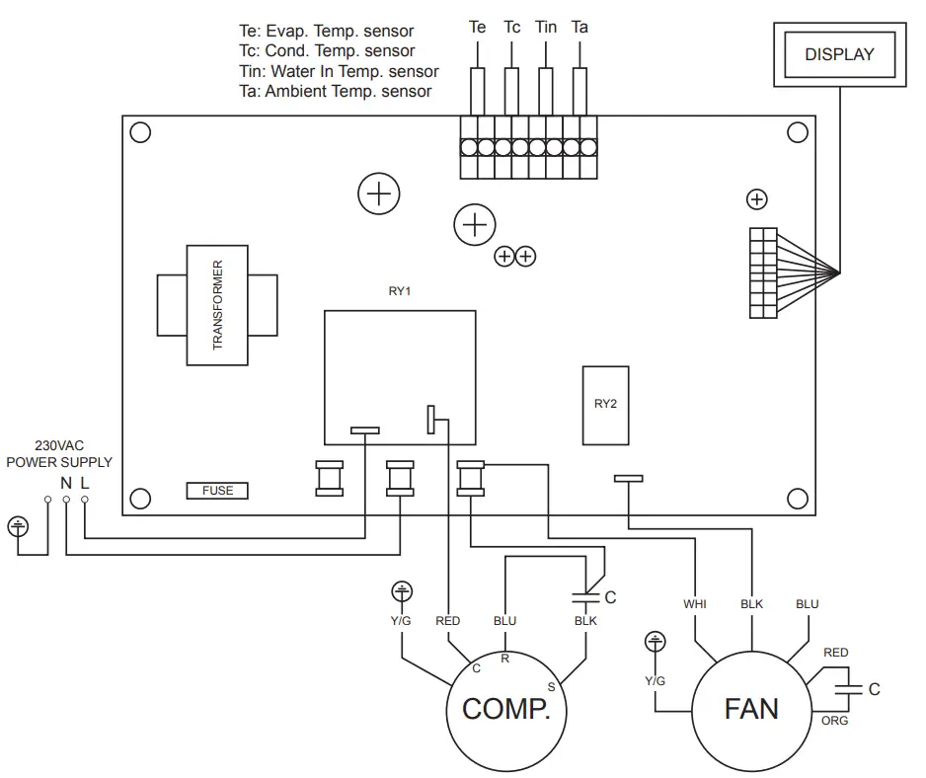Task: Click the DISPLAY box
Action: coord(839,54)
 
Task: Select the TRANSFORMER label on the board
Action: coord(218,305)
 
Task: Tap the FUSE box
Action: coord(217,491)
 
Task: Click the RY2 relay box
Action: coord(605,404)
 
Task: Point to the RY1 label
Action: coord(400,293)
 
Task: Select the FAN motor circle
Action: coord(751,709)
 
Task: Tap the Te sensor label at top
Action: coord(477,28)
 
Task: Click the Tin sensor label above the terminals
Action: coord(546,28)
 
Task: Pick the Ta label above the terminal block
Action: coord(579,28)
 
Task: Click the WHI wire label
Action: coord(695,603)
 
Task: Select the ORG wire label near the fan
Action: coord(835,721)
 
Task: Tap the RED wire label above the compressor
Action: coord(447,621)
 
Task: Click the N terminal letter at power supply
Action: coord(66,483)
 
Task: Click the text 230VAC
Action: coord(58,445)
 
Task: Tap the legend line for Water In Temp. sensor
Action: coord(339,71)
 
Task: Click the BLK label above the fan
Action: coord(751,603)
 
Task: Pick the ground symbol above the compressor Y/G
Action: coord(401,592)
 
